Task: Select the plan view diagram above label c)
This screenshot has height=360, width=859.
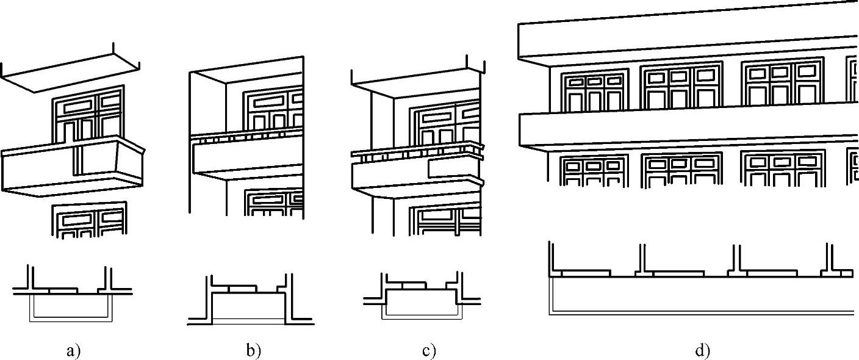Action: tap(422, 299)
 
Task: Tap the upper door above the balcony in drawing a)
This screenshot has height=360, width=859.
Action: tap(90, 116)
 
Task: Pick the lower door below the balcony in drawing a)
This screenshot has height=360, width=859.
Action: tap(90, 220)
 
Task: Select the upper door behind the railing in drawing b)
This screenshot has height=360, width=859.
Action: tap(273, 110)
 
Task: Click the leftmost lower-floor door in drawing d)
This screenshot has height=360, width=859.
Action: tap(594, 171)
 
